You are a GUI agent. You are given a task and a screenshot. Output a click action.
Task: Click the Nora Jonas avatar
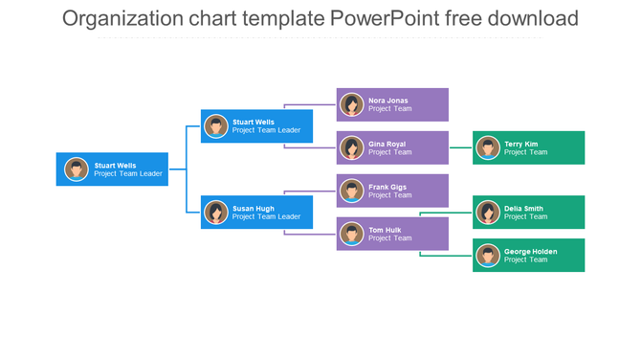352,104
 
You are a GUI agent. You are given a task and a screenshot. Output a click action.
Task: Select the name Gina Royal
387,144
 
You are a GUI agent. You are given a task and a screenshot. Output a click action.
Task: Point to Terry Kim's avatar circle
488,147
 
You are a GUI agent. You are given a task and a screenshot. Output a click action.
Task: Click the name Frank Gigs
387,187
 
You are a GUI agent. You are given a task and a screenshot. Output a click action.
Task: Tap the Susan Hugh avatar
216,213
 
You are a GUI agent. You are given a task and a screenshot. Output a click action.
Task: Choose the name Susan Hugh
254,208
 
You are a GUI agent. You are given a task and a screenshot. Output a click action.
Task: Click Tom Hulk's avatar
352,234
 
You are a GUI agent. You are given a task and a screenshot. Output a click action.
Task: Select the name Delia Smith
524,208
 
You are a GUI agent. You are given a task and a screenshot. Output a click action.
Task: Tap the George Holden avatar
488,256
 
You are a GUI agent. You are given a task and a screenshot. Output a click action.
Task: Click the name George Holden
531,252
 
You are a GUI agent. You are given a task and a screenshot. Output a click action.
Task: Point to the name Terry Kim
521,144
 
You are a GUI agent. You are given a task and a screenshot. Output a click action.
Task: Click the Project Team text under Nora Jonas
390,109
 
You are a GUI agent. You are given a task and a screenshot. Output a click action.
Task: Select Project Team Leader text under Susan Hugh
267,217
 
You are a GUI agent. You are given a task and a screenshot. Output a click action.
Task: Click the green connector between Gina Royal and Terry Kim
460,147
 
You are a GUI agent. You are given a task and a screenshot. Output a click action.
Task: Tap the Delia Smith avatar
488,213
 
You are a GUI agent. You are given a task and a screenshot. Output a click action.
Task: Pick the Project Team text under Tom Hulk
390,238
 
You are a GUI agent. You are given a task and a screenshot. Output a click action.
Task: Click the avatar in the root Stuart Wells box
77,169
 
